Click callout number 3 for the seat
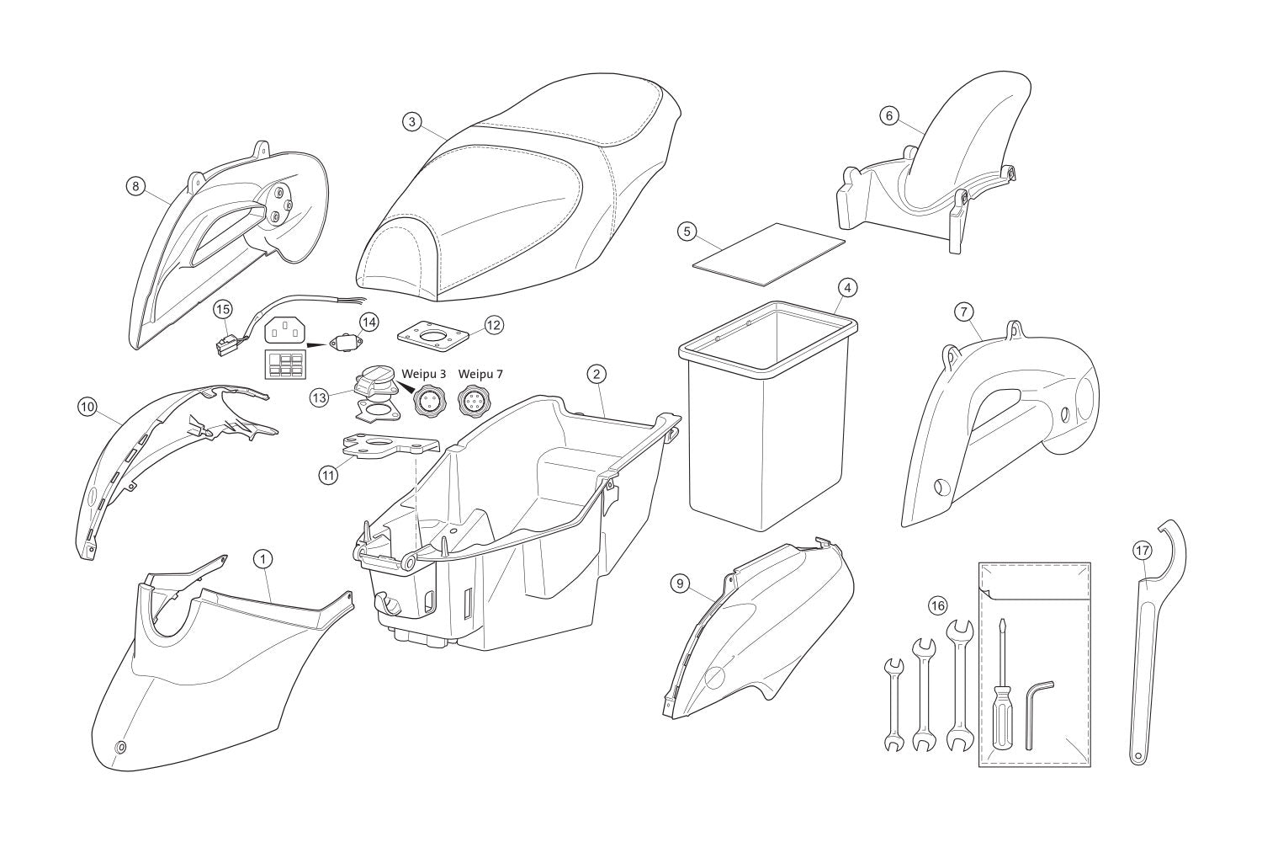[411, 122]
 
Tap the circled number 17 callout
[1141, 550]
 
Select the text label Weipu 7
[481, 373]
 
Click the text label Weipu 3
[425, 373]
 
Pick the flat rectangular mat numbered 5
[767, 253]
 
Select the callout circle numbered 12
[493, 324]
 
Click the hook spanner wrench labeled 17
[1148, 640]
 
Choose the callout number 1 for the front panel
[262, 558]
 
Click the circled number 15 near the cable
[222, 310]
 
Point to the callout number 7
[963, 312]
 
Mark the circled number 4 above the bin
[848, 288]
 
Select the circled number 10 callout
[86, 407]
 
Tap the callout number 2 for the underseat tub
[596, 373]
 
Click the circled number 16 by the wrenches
[937, 605]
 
